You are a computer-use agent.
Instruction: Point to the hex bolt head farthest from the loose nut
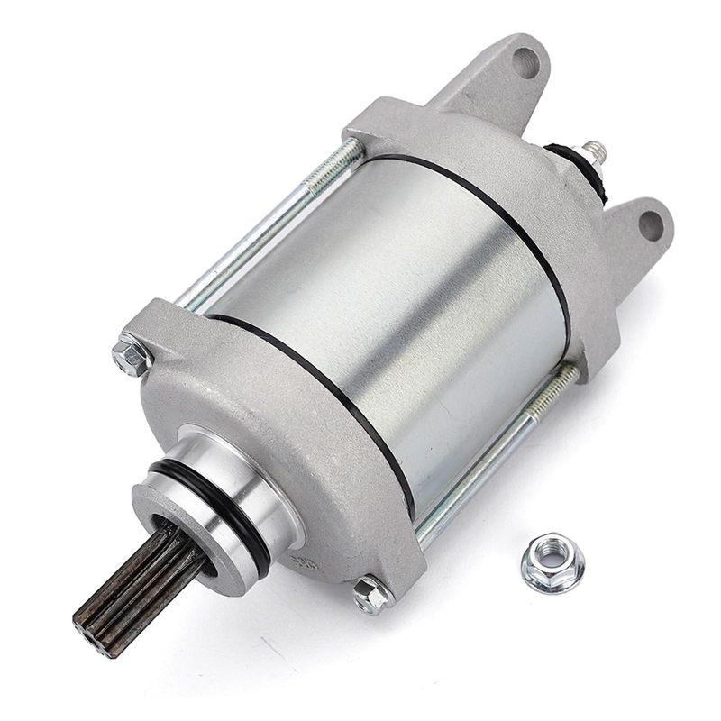coord(133,354)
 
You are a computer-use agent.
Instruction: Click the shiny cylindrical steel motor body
coord(397,297)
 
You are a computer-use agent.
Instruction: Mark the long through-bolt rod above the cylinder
coord(270,225)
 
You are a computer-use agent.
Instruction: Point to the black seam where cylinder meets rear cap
coord(505,207)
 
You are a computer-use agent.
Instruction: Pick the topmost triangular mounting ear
coord(505,77)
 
